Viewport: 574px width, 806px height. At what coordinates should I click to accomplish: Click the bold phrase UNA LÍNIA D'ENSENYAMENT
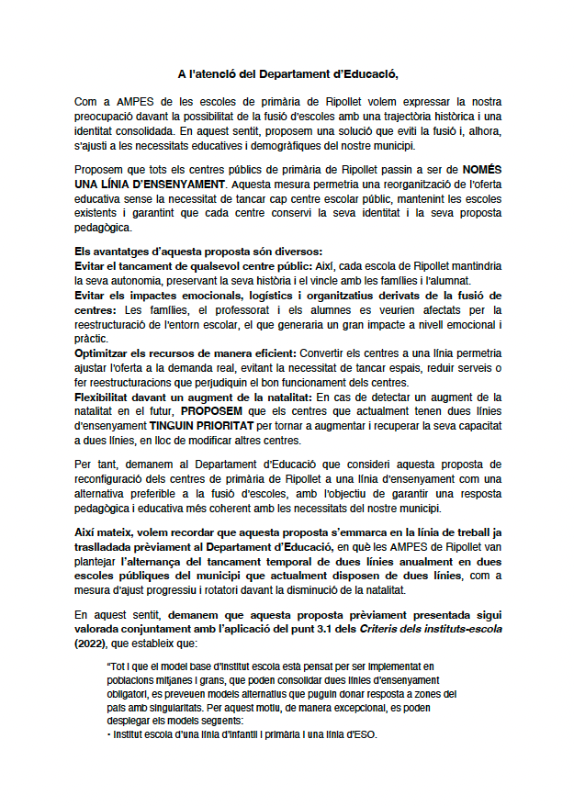coord(150,183)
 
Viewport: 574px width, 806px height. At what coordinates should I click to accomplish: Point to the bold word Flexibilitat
coord(107,397)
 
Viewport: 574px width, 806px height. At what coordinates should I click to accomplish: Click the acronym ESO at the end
coord(364,736)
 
